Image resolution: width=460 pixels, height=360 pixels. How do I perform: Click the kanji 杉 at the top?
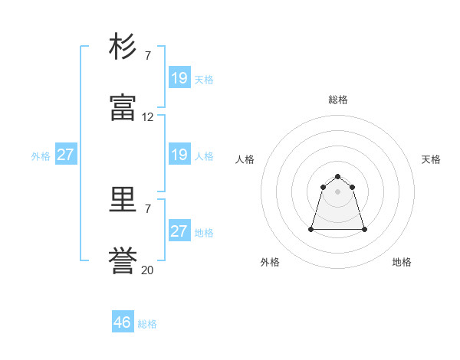click(x=123, y=47)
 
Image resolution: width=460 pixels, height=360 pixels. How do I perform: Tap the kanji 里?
click(x=123, y=201)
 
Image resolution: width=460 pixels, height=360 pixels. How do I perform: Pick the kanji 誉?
click(x=123, y=263)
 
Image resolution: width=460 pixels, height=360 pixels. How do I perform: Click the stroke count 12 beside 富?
click(x=148, y=117)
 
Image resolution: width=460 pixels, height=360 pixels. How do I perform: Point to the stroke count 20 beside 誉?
click(x=148, y=270)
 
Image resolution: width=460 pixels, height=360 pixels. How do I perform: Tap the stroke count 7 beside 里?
click(x=148, y=208)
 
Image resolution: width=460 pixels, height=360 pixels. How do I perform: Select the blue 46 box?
click(x=123, y=322)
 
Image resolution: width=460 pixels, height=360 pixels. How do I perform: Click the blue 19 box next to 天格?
click(x=179, y=78)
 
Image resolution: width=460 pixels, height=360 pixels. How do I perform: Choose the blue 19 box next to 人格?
click(x=179, y=155)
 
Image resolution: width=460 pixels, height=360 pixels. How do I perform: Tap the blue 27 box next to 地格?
click(x=179, y=231)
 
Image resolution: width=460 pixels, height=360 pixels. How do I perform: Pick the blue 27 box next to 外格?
click(x=66, y=155)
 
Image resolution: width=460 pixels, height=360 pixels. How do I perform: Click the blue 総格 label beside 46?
click(x=147, y=324)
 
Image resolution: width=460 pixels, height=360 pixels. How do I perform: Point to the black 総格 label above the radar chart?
click(x=338, y=100)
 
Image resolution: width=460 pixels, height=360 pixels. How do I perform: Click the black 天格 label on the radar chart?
click(x=432, y=159)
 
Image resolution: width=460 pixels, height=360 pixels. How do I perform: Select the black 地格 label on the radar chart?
click(x=402, y=262)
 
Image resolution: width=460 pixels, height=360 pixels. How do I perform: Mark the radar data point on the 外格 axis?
click(x=311, y=229)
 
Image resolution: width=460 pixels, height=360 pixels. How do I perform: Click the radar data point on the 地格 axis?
click(x=364, y=229)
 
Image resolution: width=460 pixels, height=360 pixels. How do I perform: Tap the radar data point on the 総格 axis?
click(x=337, y=177)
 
